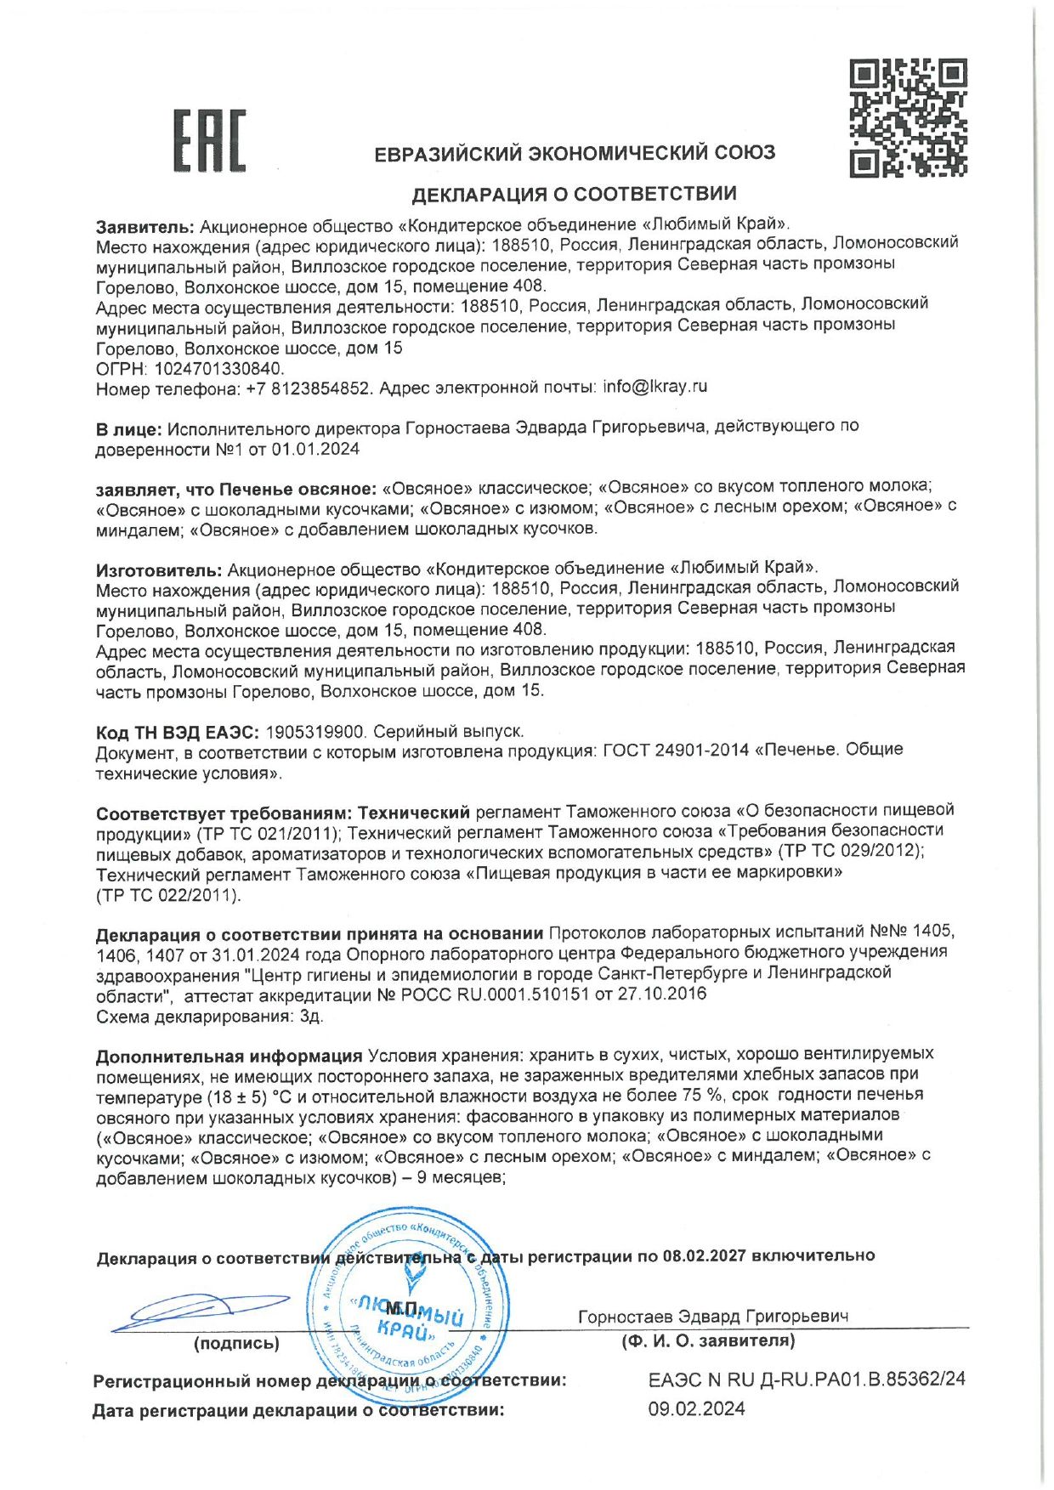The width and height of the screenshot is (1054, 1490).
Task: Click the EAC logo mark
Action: [x=209, y=140]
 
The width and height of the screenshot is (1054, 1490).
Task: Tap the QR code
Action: [x=908, y=117]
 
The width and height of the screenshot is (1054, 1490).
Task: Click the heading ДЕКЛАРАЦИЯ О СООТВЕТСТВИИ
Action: [x=574, y=195]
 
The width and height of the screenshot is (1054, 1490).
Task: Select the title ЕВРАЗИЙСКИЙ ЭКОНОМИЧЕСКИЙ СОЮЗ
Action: [x=575, y=154]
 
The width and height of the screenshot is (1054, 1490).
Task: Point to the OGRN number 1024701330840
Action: [x=218, y=369]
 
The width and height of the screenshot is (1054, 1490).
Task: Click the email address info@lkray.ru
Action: [x=654, y=387]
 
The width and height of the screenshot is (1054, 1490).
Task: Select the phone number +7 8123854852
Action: [x=309, y=389]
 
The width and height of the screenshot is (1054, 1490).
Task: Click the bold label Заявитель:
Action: [x=146, y=225]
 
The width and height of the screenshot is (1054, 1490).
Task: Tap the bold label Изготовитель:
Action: [x=159, y=568]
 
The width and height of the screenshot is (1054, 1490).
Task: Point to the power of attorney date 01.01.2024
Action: [x=315, y=449]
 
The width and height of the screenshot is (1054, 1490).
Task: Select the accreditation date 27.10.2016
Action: [x=664, y=994]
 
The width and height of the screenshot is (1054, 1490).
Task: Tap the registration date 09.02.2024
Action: [x=696, y=1408]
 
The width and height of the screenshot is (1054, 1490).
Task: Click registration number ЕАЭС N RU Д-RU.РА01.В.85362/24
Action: [x=807, y=1379]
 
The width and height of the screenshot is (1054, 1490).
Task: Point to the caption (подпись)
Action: [x=236, y=1343]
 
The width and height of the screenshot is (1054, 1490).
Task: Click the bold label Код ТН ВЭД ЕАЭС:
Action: [x=178, y=732]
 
